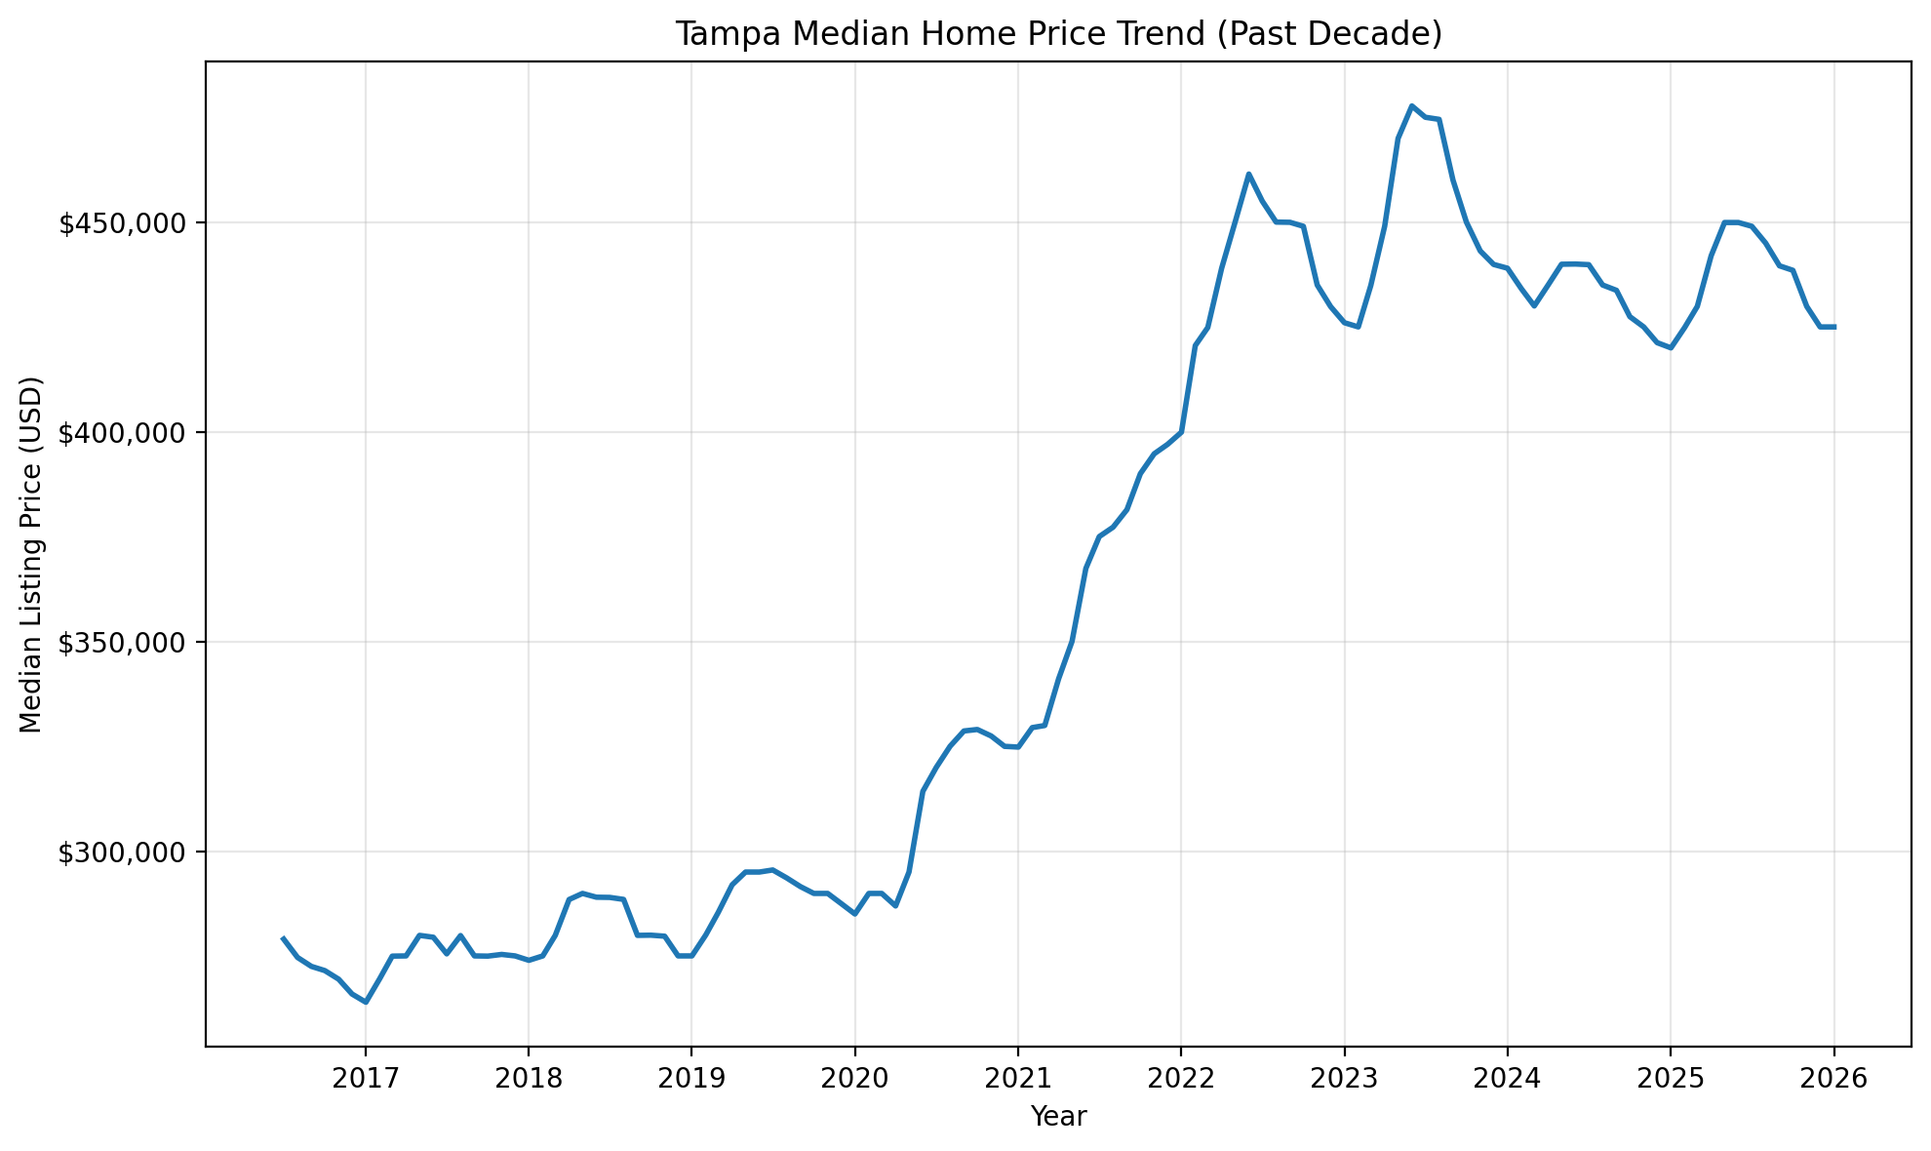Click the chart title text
click(x=1058, y=34)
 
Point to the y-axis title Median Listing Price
click(x=31, y=554)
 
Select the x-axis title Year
click(x=1058, y=1117)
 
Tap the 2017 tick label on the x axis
click(x=365, y=1080)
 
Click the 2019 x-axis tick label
click(x=691, y=1080)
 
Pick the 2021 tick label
click(x=1017, y=1080)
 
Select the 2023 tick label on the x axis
click(x=1344, y=1080)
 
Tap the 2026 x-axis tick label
click(x=1833, y=1080)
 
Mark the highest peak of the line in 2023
click(x=1411, y=105)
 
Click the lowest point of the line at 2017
click(x=366, y=1002)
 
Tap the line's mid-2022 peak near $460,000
click(x=1248, y=174)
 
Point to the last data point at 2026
click(x=1833, y=327)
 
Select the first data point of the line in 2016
click(x=283, y=937)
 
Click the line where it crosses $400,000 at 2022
click(x=1181, y=431)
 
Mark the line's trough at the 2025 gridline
click(x=1671, y=347)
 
